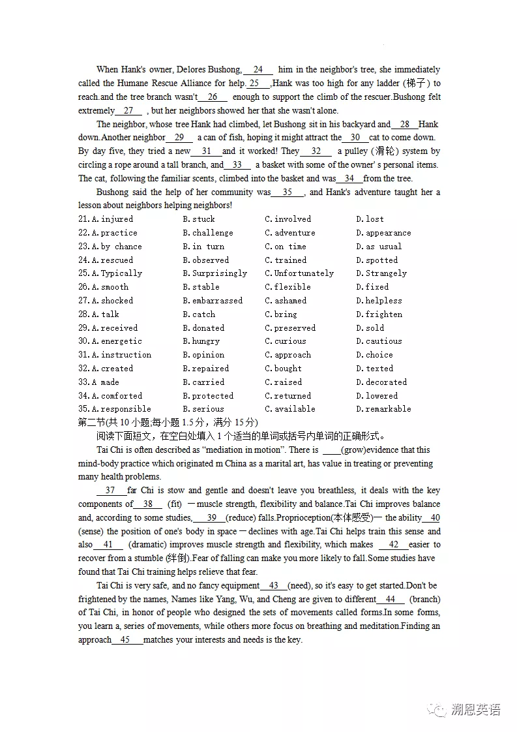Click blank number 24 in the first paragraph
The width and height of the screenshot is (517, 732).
pyautogui.click(x=258, y=70)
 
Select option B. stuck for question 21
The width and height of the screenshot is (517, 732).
pyautogui.click(x=199, y=219)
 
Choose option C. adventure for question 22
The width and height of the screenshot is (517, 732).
pyautogui.click(x=289, y=233)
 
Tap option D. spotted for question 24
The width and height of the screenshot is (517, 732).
pyautogui.click(x=376, y=260)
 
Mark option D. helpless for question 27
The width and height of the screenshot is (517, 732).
pyautogui.click(x=379, y=301)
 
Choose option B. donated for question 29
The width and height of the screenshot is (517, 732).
pyautogui.click(x=203, y=328)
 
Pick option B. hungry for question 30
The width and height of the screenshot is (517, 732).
pyautogui.click(x=201, y=341)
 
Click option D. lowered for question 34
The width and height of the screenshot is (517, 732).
pyautogui.click(x=376, y=396)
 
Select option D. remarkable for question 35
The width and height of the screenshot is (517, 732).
pyautogui.click(x=383, y=409)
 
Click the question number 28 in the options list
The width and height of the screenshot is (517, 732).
pyautogui.click(x=83, y=314)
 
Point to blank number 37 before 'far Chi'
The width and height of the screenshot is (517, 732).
pyautogui.click(x=110, y=491)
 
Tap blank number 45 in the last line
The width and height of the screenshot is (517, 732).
pyautogui.click(x=126, y=640)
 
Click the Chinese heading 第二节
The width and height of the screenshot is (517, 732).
pyautogui.click(x=93, y=423)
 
